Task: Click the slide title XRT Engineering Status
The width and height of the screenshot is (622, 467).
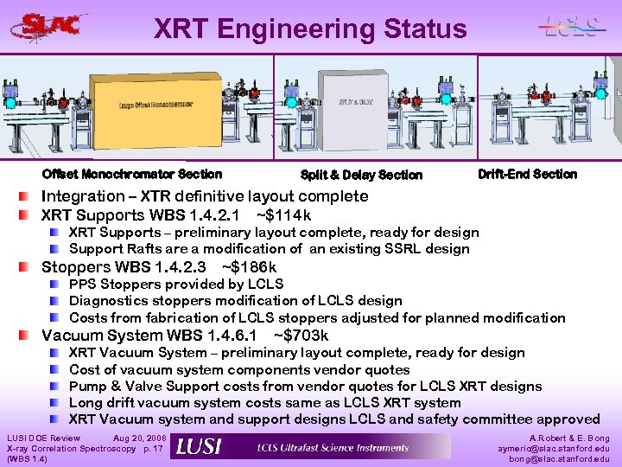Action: click(x=310, y=29)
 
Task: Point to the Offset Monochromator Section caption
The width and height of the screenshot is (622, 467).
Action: click(x=131, y=174)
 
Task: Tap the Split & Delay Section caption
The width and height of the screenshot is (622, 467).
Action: click(x=361, y=176)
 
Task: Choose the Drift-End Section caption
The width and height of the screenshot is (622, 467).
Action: click(x=527, y=174)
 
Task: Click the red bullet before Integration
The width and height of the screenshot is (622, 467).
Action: click(x=30, y=197)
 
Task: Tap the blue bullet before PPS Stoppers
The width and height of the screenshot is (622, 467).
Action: click(x=55, y=285)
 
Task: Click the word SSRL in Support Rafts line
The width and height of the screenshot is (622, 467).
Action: click(x=405, y=249)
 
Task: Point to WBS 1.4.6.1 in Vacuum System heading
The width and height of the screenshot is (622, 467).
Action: click(x=211, y=335)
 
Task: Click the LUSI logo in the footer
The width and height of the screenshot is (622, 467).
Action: click(x=199, y=447)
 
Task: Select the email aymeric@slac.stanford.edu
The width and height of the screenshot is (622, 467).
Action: click(x=554, y=449)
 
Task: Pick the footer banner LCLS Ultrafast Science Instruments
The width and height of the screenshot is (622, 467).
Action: click(x=333, y=447)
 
